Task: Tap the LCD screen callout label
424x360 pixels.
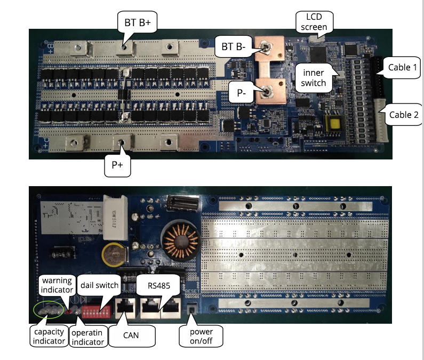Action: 314,21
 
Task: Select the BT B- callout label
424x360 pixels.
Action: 233,48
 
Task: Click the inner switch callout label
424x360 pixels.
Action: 315,77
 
